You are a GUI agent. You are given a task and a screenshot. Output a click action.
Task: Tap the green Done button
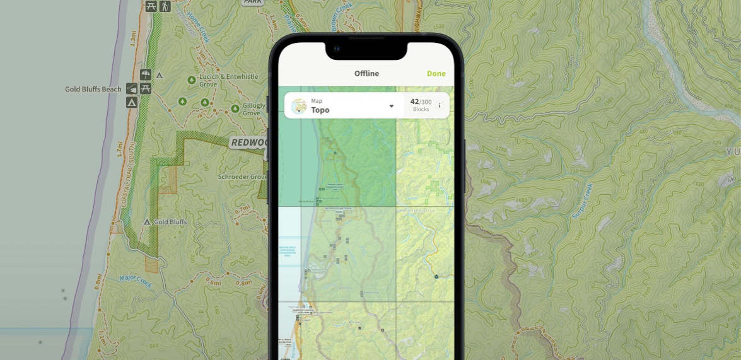coord(436,74)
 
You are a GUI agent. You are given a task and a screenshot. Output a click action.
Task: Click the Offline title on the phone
coord(366,74)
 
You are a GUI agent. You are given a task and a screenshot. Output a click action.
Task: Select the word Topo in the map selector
coord(320,110)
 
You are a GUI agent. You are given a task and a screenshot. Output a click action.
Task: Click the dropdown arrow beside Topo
coord(391,106)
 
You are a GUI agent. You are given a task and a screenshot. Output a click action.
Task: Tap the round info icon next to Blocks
coord(440,105)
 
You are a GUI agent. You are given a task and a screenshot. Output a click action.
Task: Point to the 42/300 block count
coord(421,102)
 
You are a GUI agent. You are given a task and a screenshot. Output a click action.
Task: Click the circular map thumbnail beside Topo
coord(299,106)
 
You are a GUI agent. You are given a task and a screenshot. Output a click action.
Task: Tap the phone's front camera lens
coord(337,49)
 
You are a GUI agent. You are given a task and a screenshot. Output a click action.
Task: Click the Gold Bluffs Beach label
coord(93,90)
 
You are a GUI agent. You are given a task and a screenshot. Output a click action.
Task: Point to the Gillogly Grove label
coord(254,109)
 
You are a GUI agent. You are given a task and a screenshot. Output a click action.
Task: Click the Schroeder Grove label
coord(242,177)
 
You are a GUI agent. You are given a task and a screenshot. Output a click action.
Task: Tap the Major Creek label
coord(136,277)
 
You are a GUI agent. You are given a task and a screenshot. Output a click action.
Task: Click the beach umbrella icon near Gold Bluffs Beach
coord(146,75)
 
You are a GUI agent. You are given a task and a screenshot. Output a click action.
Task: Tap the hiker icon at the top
coord(165,6)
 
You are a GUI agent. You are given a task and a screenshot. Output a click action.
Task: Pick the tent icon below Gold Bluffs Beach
coord(132,102)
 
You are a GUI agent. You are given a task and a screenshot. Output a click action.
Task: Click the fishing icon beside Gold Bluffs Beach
coord(132,89)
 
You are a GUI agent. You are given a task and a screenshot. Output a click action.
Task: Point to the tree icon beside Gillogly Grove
coord(235,109)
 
